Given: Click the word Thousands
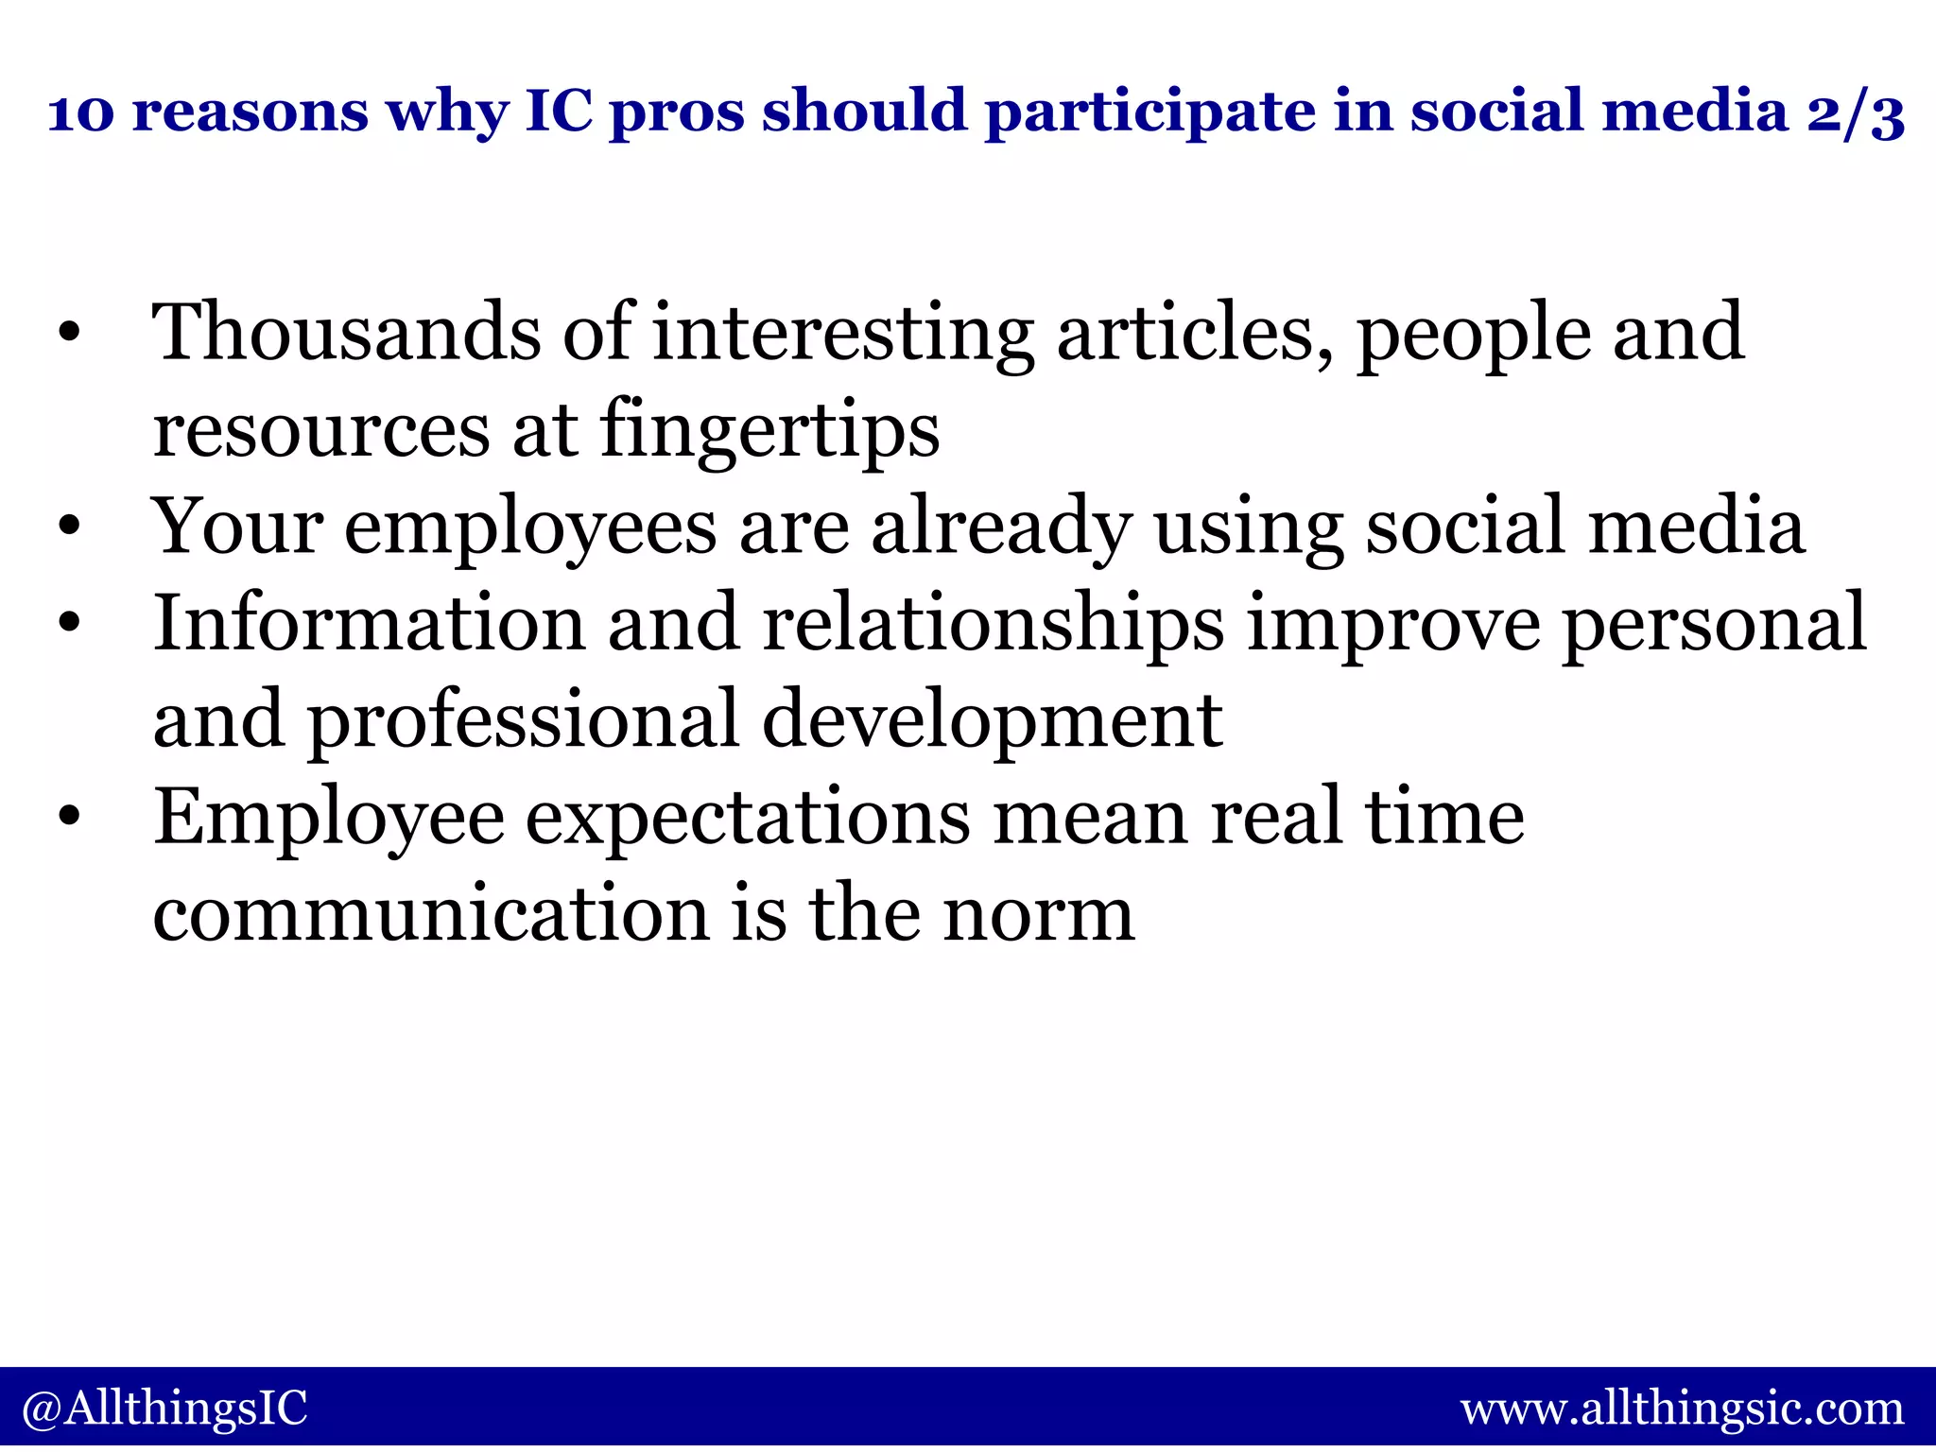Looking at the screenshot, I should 347,332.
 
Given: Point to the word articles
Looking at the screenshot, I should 1195,334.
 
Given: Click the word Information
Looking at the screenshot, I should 370,624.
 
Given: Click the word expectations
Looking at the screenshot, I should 748,819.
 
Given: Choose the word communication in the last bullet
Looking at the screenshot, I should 431,914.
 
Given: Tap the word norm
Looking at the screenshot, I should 1040,916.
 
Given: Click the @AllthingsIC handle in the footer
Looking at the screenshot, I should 164,1408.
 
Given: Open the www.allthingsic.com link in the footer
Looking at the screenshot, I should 1683,1409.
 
